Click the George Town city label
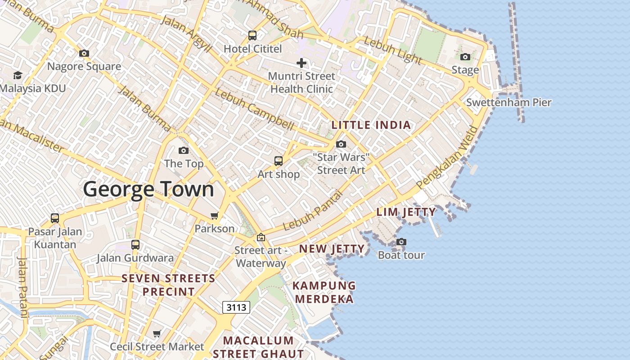click(x=148, y=189)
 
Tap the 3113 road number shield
click(x=236, y=307)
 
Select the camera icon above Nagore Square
click(x=84, y=53)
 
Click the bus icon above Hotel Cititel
click(x=252, y=35)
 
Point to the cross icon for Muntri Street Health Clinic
click(x=301, y=63)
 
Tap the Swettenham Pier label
click(x=508, y=102)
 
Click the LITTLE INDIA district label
click(x=371, y=125)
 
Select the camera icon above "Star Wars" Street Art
click(x=341, y=144)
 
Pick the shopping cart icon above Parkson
click(x=215, y=216)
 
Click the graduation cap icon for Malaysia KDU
click(x=18, y=75)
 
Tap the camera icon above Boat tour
click(x=401, y=242)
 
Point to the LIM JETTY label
click(x=406, y=212)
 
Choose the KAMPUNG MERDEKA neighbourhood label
click(x=324, y=292)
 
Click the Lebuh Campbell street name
click(x=255, y=109)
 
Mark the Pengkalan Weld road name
click(x=447, y=157)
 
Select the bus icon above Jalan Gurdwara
click(x=135, y=244)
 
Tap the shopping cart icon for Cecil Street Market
click(x=157, y=333)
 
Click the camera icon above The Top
click(x=184, y=150)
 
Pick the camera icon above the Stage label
click(x=465, y=57)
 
